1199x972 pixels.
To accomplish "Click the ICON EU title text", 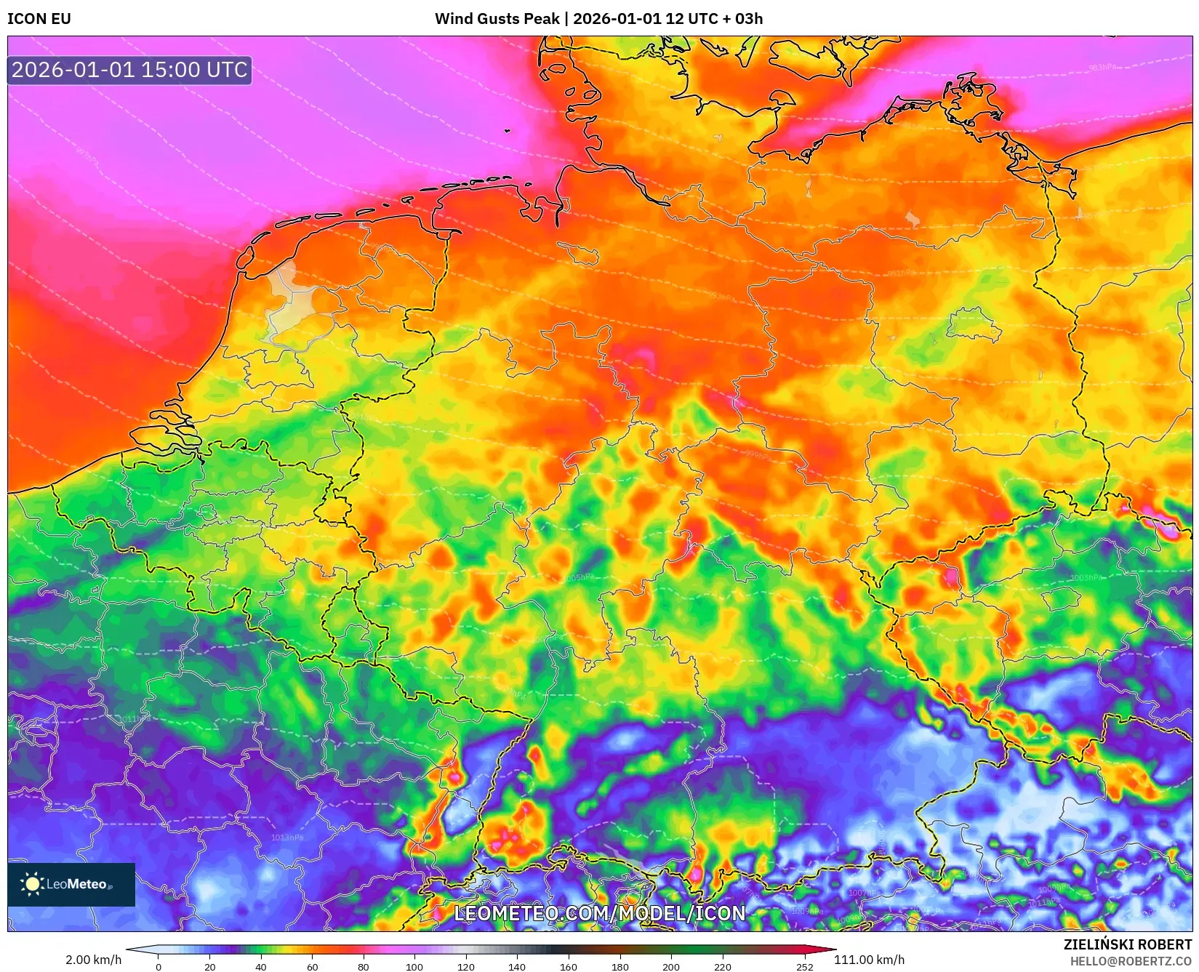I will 39,19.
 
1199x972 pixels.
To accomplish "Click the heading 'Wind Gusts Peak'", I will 497,19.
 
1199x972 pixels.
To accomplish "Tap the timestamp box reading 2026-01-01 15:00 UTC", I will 129,70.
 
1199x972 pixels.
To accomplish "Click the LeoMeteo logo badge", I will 71,884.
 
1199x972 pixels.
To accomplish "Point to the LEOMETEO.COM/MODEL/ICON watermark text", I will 600,913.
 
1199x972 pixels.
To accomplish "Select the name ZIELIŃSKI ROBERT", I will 1128,944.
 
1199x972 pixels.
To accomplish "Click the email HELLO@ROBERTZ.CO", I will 1131,961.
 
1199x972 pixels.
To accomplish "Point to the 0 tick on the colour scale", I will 159,967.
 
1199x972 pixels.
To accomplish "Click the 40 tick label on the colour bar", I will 261,967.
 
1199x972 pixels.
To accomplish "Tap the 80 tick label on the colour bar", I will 364,967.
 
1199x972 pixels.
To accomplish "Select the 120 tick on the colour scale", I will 465,967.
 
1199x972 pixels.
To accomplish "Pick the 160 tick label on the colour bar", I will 569,967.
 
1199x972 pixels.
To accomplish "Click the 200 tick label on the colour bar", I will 671,967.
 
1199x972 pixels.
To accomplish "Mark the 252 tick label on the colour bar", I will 804,967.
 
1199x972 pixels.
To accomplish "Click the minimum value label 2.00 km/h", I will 94,960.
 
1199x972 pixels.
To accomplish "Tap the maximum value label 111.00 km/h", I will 869,960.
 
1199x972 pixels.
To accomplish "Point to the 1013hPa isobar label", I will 287,838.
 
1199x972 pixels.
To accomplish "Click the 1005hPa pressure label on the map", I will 580,577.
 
